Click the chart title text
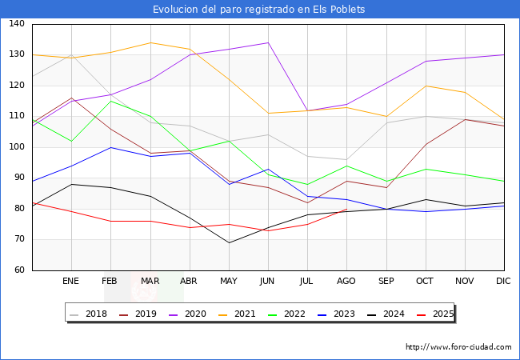(x=259, y=10)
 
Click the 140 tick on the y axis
(x=17, y=24)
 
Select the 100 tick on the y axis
(x=17, y=147)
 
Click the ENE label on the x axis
(x=71, y=282)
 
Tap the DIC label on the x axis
(x=503, y=282)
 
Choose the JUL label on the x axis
(x=307, y=282)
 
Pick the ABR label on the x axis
(x=189, y=282)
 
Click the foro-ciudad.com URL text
(x=458, y=347)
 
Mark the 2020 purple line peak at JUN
(x=268, y=43)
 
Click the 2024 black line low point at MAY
(x=229, y=242)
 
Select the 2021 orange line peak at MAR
(x=150, y=43)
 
